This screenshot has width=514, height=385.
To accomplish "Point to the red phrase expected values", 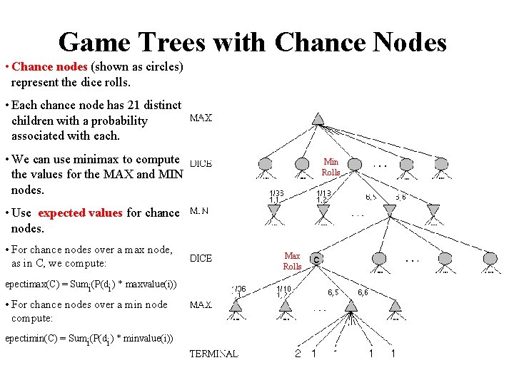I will [x=80, y=213].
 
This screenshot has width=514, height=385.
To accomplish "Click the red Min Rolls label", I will [x=331, y=167].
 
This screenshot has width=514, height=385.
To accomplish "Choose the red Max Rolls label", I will [x=293, y=261].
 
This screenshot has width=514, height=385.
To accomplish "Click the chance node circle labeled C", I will [x=316, y=259].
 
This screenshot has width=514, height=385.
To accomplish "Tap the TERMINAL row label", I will [x=213, y=354].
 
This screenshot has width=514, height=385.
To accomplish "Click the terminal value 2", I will [x=298, y=354].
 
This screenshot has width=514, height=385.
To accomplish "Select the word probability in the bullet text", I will [x=114, y=120].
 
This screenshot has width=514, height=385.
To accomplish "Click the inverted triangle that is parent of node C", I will [x=389, y=210].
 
